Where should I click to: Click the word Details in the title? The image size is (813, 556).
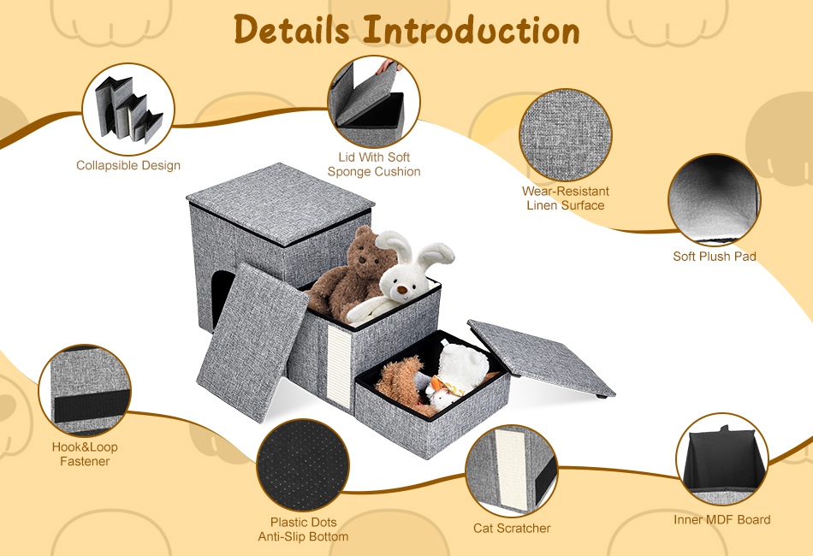click(x=292, y=30)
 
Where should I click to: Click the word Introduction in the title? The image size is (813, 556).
click(x=471, y=30)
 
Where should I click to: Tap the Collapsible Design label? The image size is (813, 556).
click(x=128, y=165)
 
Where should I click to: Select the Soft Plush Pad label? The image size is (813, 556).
click(x=715, y=256)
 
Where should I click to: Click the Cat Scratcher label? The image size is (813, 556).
click(x=512, y=528)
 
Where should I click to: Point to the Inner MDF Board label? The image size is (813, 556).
click(x=721, y=520)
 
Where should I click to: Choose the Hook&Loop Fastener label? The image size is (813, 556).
click(x=85, y=454)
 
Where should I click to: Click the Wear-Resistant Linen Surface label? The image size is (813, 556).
click(x=565, y=198)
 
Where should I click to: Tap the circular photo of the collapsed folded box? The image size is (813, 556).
click(x=128, y=109)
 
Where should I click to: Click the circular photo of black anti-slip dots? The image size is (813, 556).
click(x=303, y=465)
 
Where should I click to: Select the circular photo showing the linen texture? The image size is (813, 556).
click(x=565, y=135)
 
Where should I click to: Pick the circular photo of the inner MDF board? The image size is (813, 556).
click(x=721, y=459)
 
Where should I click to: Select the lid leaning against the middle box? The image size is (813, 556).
click(x=252, y=342)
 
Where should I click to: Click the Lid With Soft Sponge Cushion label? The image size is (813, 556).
click(x=374, y=164)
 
